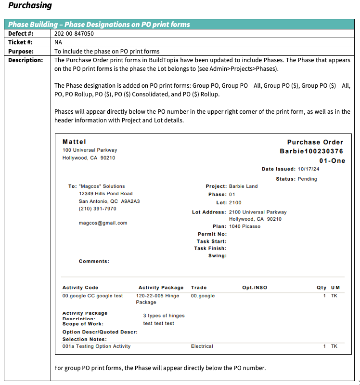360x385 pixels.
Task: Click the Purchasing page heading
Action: (x=30, y=6)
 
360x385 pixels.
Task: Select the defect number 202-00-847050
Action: (x=74, y=34)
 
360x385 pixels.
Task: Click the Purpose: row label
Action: (x=22, y=51)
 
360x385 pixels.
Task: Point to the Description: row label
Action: (x=26, y=60)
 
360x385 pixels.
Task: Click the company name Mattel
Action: (x=74, y=142)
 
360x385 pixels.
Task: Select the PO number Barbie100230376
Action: (x=311, y=151)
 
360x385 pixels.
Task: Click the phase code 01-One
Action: (x=332, y=160)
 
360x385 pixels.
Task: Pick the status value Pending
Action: (x=308, y=179)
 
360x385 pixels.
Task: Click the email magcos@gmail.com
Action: (x=103, y=223)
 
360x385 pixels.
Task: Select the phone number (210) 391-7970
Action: (x=97, y=209)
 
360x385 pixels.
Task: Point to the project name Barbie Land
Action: (x=243, y=186)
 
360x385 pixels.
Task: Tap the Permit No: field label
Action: (x=212, y=234)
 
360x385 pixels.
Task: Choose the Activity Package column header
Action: (x=161, y=288)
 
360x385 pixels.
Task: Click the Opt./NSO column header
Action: (x=255, y=288)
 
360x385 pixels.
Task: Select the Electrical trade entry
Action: (x=202, y=346)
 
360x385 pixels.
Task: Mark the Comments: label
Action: (x=94, y=261)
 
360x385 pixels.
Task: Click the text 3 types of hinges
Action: (x=164, y=316)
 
